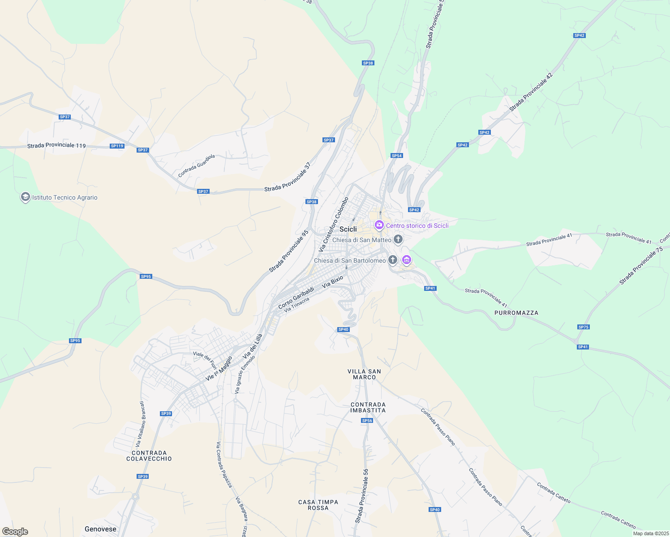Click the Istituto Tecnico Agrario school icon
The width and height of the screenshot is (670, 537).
point(26,197)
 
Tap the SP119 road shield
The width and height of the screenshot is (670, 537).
point(117,146)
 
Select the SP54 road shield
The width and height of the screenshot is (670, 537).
point(396,156)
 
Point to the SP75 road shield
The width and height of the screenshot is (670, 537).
point(583,327)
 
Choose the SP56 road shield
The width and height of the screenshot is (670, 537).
point(367,421)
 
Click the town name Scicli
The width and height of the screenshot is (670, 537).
point(348,229)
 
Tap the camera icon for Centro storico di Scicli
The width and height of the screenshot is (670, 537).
point(379,225)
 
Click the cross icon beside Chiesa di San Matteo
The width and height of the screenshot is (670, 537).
point(398,239)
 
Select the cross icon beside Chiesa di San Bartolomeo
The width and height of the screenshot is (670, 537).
point(393,260)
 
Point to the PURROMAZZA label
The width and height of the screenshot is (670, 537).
point(516,313)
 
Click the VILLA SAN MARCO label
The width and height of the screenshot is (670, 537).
point(364,374)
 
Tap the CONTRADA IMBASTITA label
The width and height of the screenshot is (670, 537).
point(368,407)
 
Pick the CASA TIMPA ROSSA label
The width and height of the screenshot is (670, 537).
point(318,505)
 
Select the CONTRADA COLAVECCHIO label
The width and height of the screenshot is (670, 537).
point(149,456)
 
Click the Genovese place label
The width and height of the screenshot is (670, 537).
point(100,529)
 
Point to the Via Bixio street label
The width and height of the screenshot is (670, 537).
point(332,281)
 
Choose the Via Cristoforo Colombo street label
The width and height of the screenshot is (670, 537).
point(333,224)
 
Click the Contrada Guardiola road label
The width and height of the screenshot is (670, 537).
point(197,166)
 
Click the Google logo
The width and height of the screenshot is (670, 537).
point(15,532)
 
